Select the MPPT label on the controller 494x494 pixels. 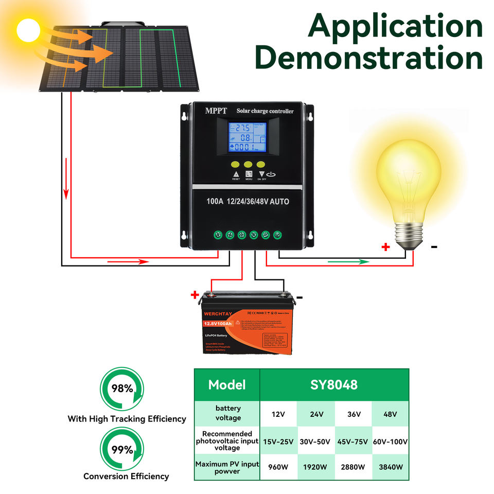click(216, 111)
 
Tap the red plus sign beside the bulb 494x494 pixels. click(385, 247)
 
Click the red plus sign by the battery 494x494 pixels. click(195, 295)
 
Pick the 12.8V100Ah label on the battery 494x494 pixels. click(217, 323)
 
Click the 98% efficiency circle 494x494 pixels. click(122, 389)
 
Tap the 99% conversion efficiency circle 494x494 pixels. click(122, 450)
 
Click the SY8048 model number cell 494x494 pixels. click(334, 384)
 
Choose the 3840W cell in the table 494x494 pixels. click(390, 467)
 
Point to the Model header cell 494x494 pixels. click(227, 384)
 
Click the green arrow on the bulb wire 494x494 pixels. click(350, 261)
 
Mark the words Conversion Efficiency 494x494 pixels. click(126, 477)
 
